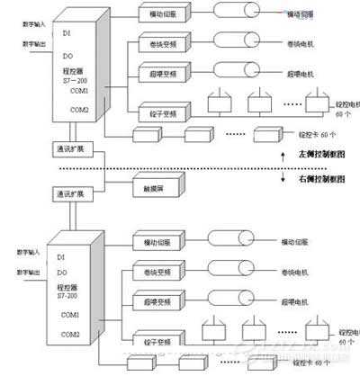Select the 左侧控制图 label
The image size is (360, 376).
pos(312,153)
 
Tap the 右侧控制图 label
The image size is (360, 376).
pos(312,180)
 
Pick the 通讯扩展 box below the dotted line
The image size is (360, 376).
pos(69,192)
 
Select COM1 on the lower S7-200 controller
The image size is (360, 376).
pos(70,314)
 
